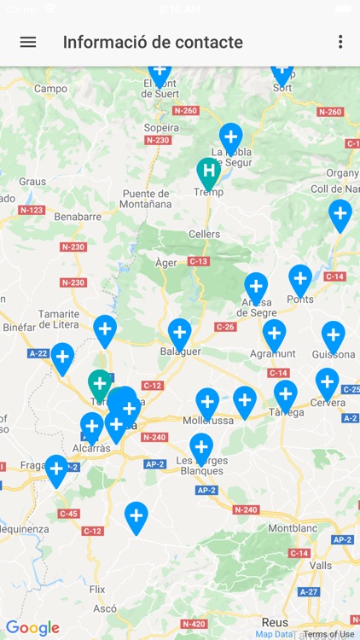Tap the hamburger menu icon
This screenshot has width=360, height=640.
[28, 42]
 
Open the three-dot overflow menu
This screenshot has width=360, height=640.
[340, 42]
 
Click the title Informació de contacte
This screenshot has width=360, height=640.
[153, 42]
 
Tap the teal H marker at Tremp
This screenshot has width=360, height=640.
[208, 172]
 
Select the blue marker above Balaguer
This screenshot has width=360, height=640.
[179, 332]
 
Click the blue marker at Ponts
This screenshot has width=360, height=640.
[300, 278]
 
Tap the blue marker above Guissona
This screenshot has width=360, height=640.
[333, 335]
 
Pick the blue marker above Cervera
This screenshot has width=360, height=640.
[328, 381]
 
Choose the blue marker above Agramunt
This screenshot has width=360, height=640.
[274, 333]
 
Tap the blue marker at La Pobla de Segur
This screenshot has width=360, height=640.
[230, 137]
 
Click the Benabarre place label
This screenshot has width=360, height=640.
[77, 217]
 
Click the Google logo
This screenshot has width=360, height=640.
[32, 628]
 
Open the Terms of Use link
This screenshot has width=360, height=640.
[328, 634]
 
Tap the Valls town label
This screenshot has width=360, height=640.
[321, 565]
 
